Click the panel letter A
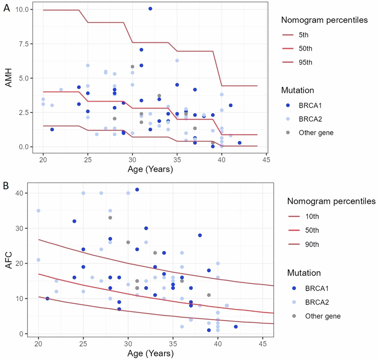pos(6,8)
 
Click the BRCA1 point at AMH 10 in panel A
pos(150,9)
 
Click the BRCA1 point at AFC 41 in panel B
pos(137,190)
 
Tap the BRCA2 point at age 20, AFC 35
pos(38,211)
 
